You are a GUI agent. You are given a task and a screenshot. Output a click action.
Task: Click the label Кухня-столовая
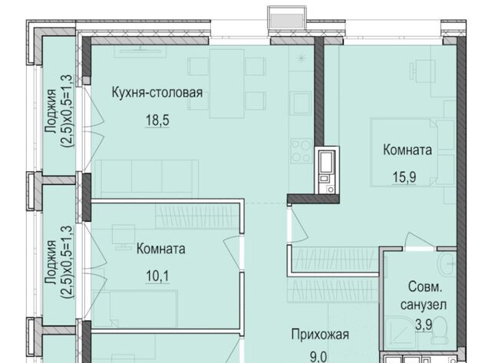click(157, 93)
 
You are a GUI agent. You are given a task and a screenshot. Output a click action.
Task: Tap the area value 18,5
click(157, 120)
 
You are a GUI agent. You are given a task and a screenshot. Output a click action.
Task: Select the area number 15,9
click(404, 177)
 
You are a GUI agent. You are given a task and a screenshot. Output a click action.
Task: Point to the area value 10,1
click(157, 276)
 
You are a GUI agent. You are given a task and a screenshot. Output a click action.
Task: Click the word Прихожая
click(320, 335)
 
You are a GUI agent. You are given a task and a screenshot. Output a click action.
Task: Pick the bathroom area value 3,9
click(423, 325)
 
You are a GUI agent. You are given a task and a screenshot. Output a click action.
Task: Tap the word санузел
click(423, 305)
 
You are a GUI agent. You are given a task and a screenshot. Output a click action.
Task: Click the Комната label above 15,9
click(407, 150)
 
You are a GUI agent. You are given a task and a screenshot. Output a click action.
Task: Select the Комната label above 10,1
click(160, 249)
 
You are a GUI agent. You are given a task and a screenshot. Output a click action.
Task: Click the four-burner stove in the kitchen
click(301, 151)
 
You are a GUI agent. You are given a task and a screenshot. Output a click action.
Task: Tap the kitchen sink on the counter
click(300, 103)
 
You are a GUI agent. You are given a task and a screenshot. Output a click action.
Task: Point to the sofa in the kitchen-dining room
click(147, 179)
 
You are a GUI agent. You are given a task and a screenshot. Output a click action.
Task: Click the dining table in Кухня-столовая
click(227, 84)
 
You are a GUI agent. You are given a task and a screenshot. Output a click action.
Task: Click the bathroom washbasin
click(447, 265)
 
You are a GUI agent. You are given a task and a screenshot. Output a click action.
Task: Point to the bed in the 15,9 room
click(413, 152)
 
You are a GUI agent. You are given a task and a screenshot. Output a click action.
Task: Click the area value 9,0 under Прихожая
click(318, 357)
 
